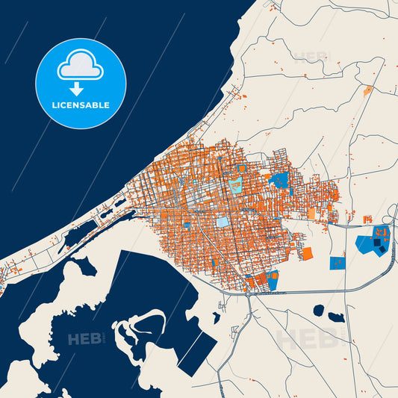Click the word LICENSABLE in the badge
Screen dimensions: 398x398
81,105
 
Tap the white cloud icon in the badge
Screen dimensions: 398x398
81,67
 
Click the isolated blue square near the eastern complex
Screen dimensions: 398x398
338,263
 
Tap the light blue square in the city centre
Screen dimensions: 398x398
223,222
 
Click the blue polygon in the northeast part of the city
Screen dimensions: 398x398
280,178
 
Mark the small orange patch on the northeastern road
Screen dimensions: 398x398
367,91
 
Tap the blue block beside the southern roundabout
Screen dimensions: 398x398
272,279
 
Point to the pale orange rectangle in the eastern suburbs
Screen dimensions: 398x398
311,213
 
